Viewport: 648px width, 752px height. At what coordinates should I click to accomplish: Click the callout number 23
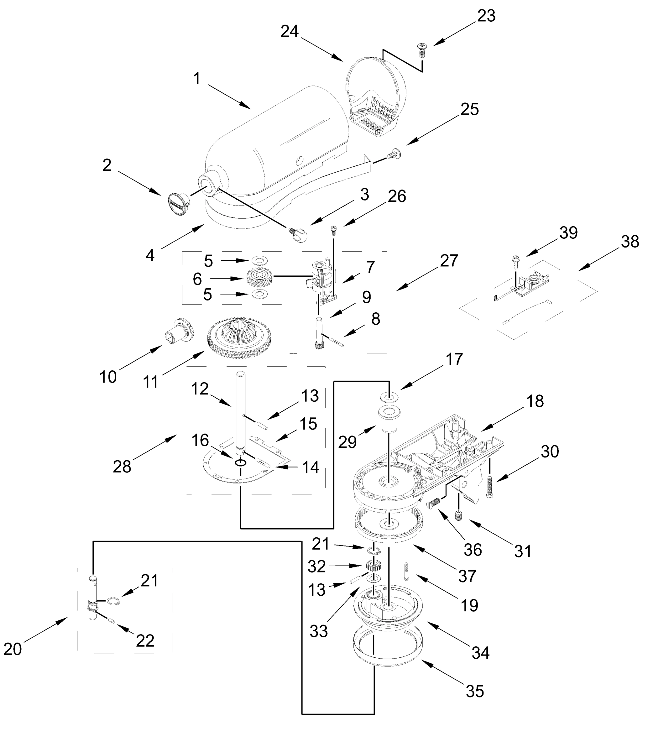click(x=486, y=16)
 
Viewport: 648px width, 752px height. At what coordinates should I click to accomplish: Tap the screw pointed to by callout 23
click(x=422, y=50)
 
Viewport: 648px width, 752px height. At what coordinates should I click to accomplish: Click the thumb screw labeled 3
click(x=298, y=234)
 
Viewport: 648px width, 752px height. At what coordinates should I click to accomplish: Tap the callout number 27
click(x=449, y=261)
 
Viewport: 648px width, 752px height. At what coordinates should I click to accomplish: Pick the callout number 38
click(x=630, y=241)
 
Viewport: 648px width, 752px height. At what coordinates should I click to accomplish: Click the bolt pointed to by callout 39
click(x=515, y=261)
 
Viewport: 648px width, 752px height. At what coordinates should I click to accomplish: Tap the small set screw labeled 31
click(x=458, y=514)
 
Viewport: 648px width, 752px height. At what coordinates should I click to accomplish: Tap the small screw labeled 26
click(x=333, y=230)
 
